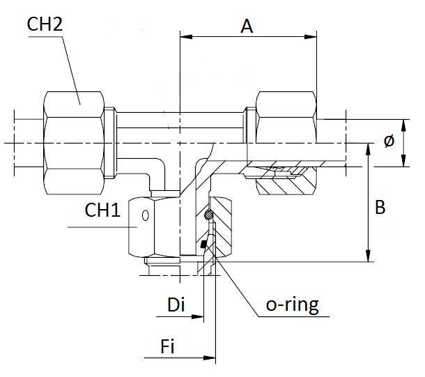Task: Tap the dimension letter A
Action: point(246,26)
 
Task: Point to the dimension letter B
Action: point(380,208)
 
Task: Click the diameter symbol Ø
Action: point(389,141)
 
